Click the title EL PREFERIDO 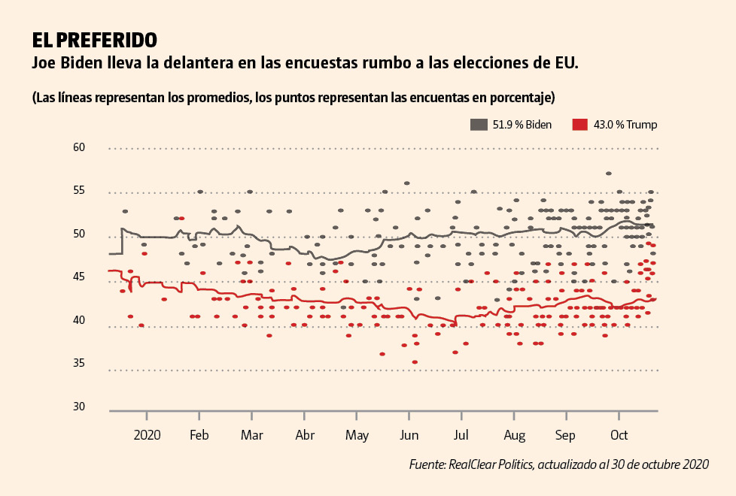click(x=94, y=39)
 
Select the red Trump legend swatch click(x=579, y=125)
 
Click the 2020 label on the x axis click(x=147, y=435)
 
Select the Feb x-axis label click(x=199, y=435)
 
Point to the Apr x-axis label click(x=305, y=435)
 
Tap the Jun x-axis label click(x=409, y=435)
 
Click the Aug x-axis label click(x=514, y=435)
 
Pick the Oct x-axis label click(x=619, y=435)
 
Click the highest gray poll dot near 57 click(x=608, y=174)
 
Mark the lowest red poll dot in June click(x=415, y=362)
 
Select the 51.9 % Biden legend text click(x=522, y=125)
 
